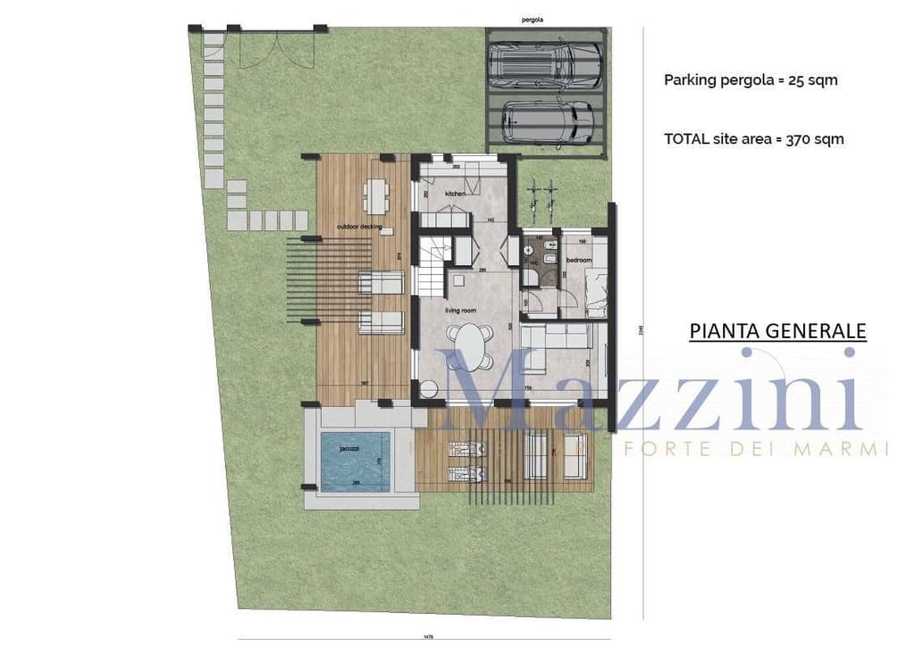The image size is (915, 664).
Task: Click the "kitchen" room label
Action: click(456, 194)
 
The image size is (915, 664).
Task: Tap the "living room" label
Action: click(460, 311)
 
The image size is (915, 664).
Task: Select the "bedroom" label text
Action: click(579, 260)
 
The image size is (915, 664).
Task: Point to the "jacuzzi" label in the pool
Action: click(350, 450)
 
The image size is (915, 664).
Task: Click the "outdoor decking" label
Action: click(359, 228)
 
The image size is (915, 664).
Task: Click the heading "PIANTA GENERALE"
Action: click(777, 331)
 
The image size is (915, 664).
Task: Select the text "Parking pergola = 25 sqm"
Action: click(751, 79)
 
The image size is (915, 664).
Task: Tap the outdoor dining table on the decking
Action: click(376, 195)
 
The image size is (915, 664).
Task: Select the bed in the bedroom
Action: click(594, 294)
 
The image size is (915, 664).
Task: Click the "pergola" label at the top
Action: click(533, 18)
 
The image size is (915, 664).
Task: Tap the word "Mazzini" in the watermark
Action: click(652, 393)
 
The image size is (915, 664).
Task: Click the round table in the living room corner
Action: click(428, 389)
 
